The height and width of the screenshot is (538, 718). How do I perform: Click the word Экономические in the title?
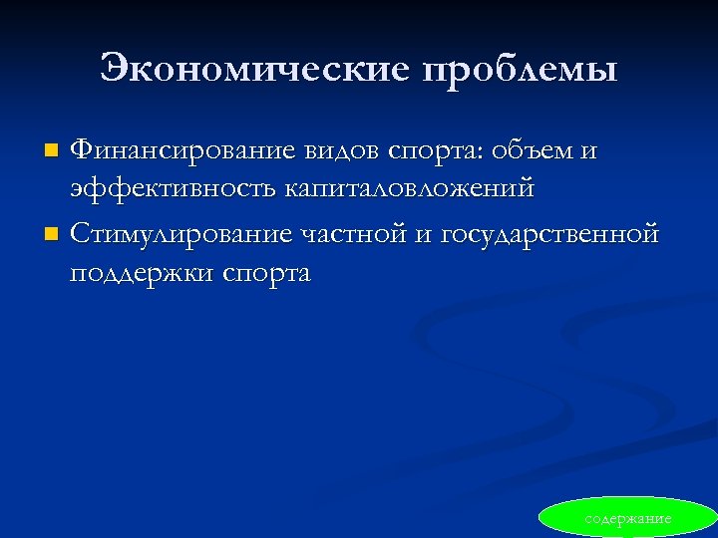(255, 69)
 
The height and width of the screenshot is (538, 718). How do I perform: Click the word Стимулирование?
(180, 234)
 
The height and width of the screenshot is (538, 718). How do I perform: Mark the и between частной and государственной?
(423, 235)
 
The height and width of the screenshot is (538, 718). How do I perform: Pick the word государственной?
(549, 236)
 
